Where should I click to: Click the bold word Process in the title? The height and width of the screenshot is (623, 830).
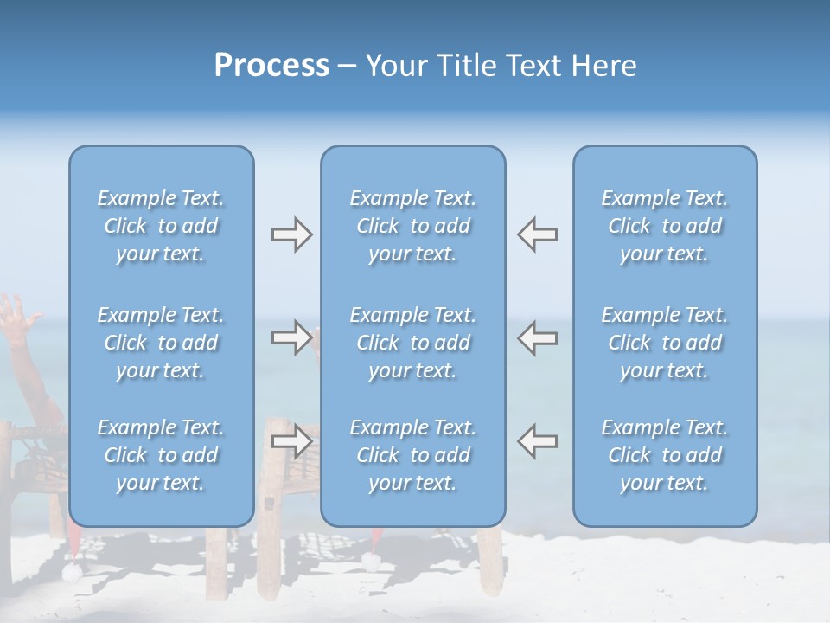271,66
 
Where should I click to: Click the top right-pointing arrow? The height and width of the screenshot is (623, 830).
291,234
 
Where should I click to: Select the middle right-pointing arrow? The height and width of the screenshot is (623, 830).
291,337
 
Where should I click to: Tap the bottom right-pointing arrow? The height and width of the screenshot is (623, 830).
291,441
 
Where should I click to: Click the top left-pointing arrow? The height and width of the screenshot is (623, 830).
537,234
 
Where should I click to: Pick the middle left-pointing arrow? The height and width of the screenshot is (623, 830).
537,337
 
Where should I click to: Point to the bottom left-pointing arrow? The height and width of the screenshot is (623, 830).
537,441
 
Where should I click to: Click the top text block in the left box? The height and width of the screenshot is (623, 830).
161,226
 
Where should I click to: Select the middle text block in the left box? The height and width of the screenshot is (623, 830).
161,343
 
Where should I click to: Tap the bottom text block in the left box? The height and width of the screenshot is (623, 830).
161,455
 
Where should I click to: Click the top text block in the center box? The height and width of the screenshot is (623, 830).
412,226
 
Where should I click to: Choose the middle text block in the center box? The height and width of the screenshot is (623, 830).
412,343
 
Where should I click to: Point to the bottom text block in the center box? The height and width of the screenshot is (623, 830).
412,455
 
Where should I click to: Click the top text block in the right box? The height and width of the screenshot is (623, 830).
664,226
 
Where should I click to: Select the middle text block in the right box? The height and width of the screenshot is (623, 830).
664,343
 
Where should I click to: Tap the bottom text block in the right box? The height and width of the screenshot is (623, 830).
664,455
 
